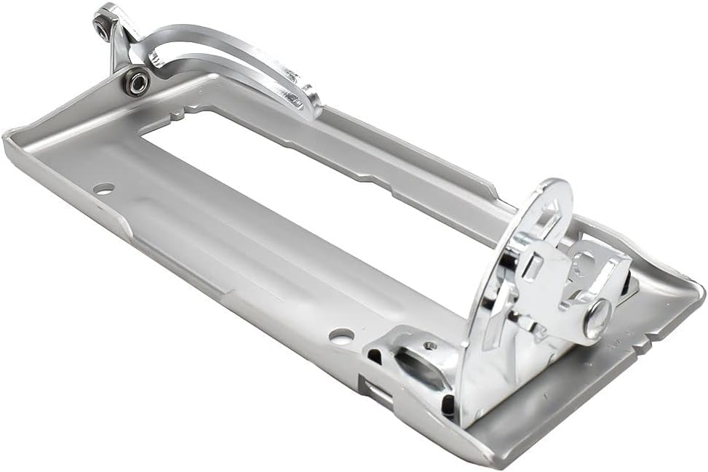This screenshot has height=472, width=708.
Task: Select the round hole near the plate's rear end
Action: pos(104,188)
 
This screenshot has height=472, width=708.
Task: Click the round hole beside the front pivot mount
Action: pos(341,336)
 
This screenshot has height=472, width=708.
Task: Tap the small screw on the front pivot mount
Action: pos(431,346)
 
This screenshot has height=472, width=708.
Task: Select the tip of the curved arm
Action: pos(311,102)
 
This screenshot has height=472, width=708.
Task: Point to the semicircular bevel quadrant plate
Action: pos(509,291)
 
